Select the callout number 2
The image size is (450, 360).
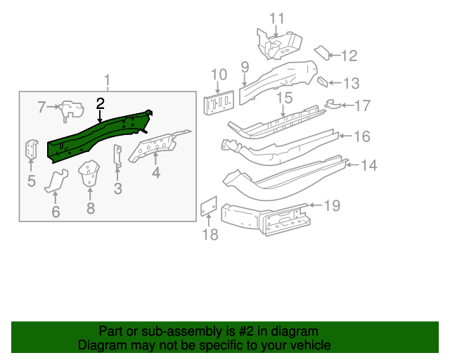(x=101, y=103)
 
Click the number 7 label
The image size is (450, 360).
(x=41, y=107)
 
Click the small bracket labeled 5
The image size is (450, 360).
(x=32, y=150)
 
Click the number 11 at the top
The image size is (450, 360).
(x=278, y=18)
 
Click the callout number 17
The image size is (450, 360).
(x=363, y=106)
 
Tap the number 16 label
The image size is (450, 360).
(x=361, y=136)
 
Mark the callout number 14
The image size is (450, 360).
(x=369, y=166)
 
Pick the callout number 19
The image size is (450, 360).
(x=332, y=205)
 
